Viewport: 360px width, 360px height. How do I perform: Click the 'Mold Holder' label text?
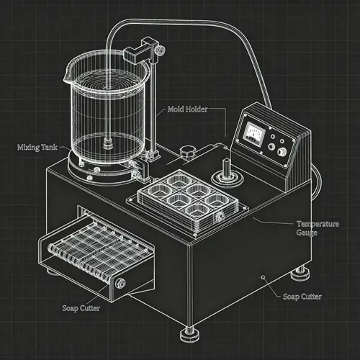click(189, 109)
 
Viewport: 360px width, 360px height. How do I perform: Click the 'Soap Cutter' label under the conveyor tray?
click(81, 309)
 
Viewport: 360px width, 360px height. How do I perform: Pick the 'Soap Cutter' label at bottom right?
click(302, 296)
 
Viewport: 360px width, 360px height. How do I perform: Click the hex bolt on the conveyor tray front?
click(120, 282)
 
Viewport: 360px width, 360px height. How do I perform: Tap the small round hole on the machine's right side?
click(264, 277)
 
